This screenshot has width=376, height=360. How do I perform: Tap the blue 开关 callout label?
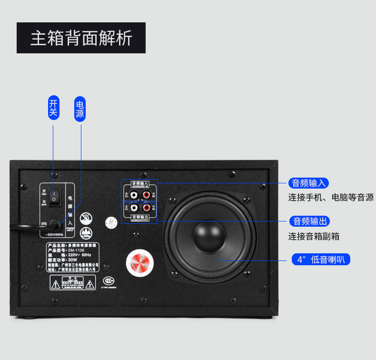[x=53, y=108]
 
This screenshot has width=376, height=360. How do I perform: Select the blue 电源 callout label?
[x=80, y=109]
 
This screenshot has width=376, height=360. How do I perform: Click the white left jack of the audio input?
[x=135, y=195]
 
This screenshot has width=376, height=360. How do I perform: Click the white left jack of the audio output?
[x=135, y=208]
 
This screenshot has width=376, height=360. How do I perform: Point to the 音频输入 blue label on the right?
[x=309, y=183]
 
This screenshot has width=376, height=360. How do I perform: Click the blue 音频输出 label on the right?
[x=310, y=221]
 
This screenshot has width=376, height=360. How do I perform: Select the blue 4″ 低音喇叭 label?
[x=321, y=260]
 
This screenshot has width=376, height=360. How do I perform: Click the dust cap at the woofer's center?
[x=209, y=236]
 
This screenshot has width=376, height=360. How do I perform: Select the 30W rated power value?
[x=73, y=260]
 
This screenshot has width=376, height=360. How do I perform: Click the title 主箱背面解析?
[x=81, y=38]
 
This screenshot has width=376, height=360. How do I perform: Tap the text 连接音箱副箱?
[x=314, y=236]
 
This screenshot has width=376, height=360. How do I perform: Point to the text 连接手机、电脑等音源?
[x=331, y=197]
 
